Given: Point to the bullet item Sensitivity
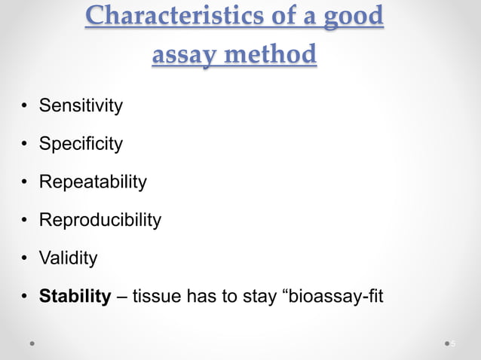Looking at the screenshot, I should (80, 105).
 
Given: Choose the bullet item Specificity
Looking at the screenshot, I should (80, 144).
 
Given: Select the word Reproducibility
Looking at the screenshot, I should (100, 220).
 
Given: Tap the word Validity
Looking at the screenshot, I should (68, 258).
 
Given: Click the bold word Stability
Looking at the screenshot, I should (75, 297).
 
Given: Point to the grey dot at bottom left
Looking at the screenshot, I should (32, 343).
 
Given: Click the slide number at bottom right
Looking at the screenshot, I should (453, 343).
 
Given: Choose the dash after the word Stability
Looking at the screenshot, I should (121, 297).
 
